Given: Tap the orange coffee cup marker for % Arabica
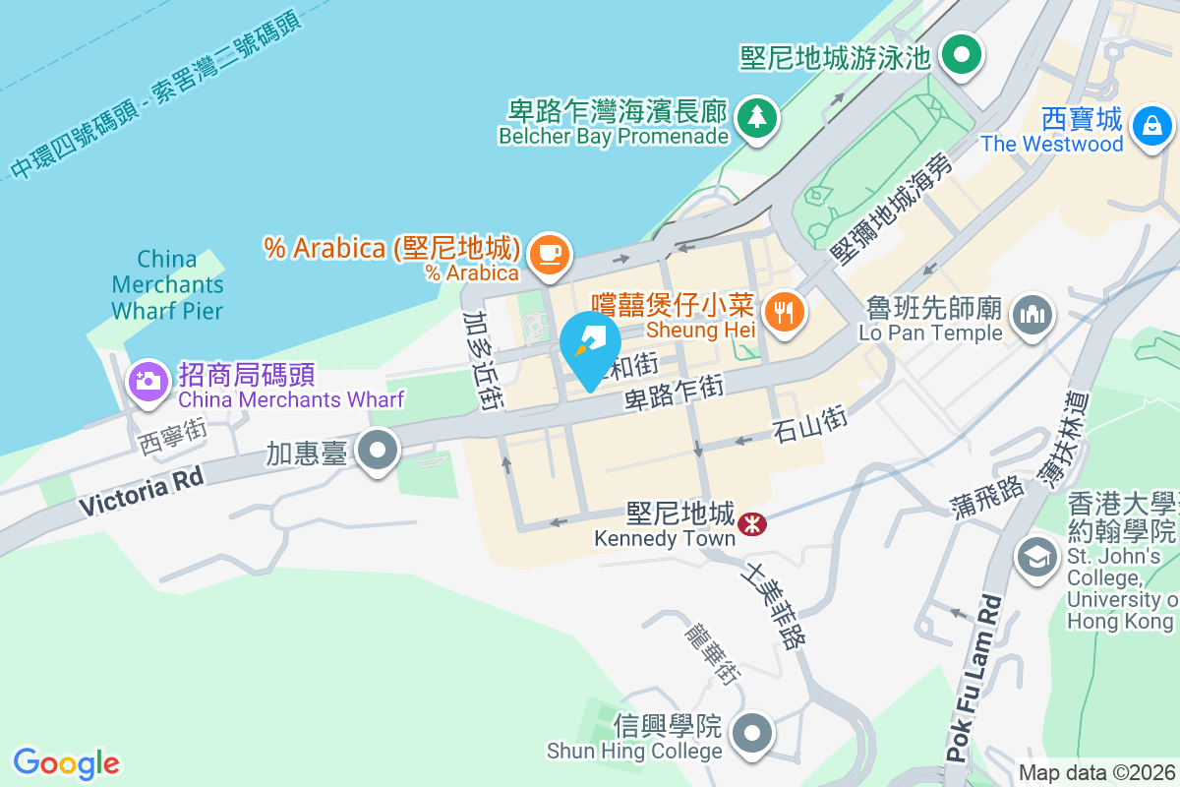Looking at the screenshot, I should tap(549, 255).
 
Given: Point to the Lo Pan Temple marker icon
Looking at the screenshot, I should tap(1031, 316).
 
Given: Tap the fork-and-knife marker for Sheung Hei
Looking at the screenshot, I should tap(784, 314).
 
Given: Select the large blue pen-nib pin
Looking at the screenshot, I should tap(589, 347).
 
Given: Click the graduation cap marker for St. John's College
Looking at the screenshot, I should tap(1035, 556).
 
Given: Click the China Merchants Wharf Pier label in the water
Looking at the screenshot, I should tap(167, 285).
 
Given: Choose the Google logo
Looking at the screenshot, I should tap(66, 763).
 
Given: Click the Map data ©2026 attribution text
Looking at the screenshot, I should tap(1096, 773).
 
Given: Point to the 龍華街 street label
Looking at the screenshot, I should tap(712, 650).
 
